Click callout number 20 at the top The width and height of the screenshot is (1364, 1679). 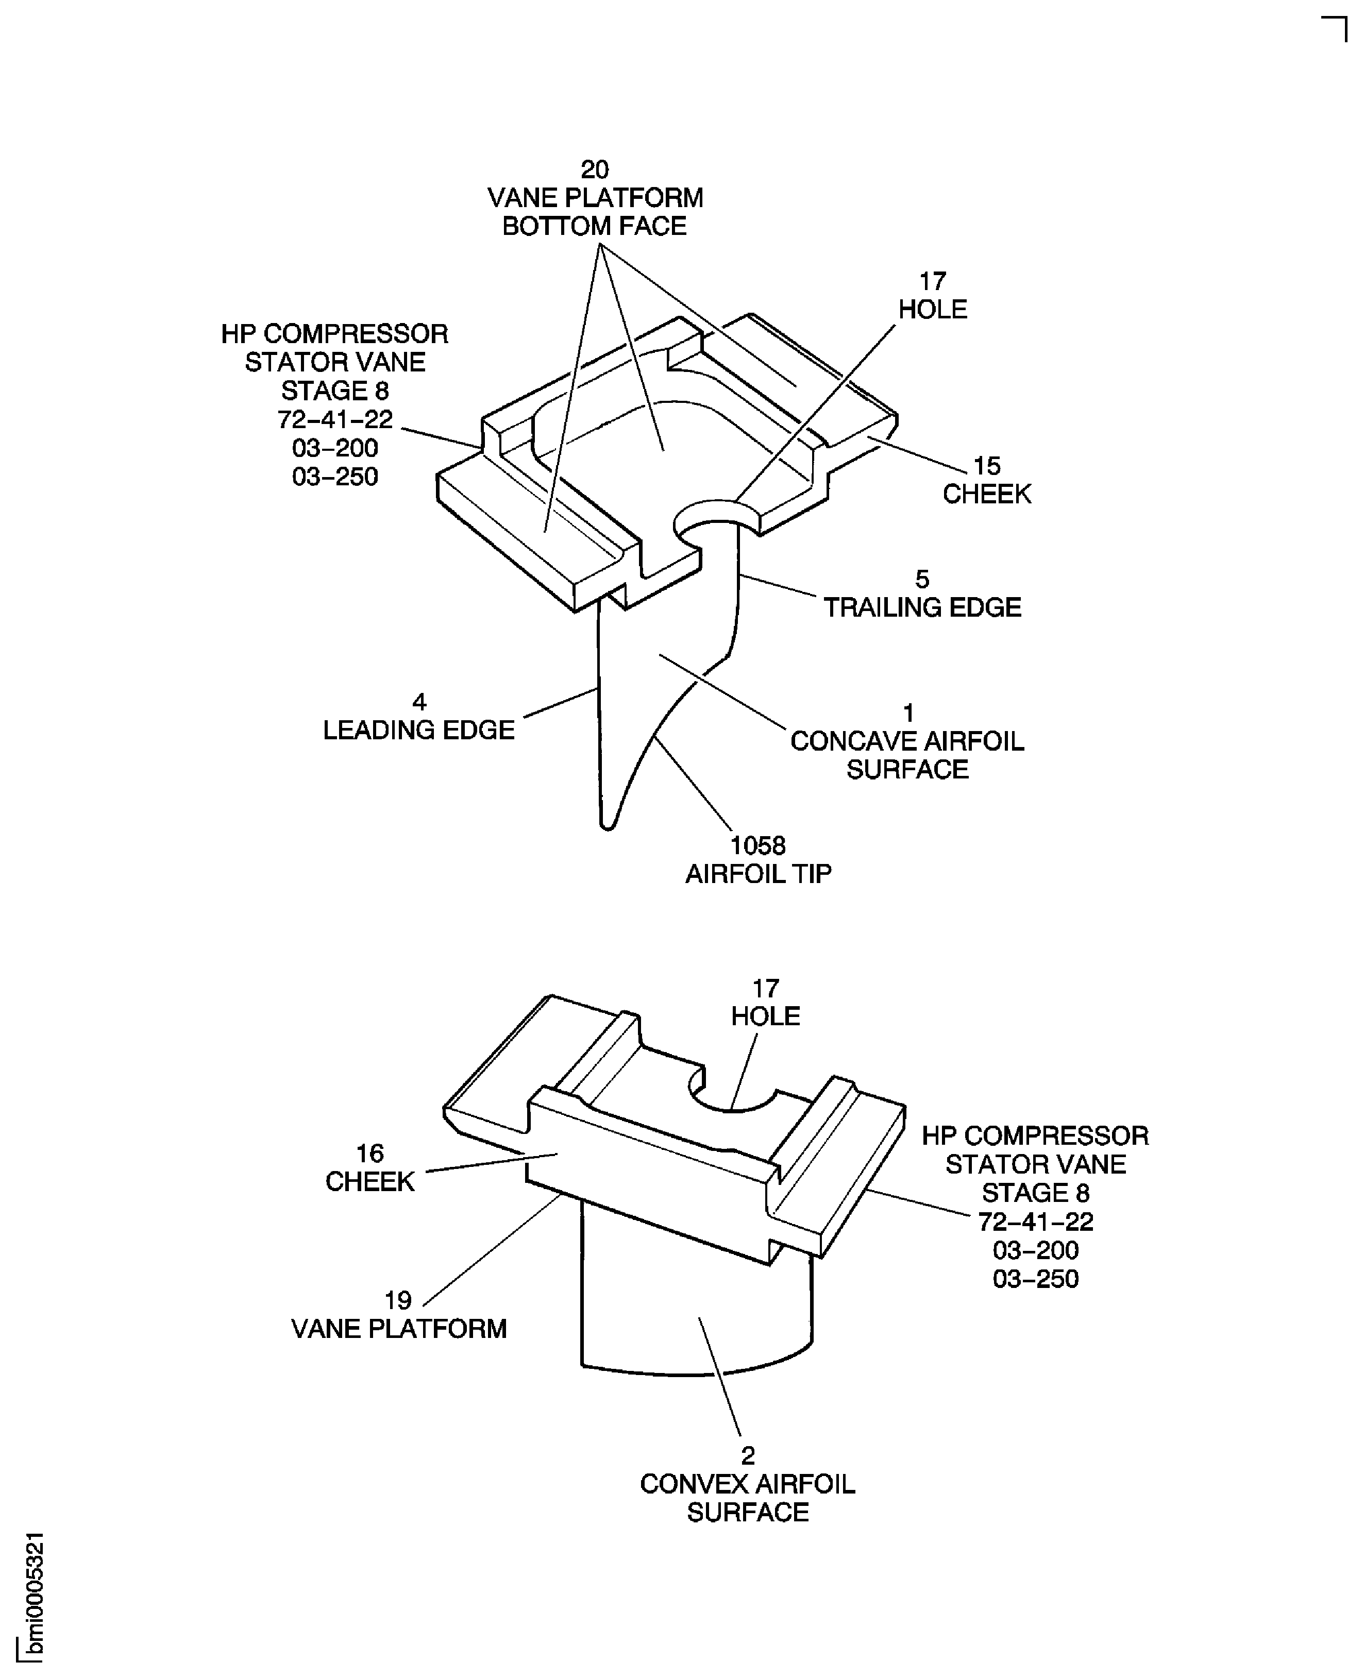595,169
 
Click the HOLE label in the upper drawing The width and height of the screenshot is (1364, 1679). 933,310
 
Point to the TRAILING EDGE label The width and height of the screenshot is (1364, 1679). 922,607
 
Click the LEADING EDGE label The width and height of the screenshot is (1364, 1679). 419,730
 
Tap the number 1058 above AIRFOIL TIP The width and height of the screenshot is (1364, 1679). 758,845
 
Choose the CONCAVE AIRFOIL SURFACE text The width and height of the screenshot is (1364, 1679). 907,755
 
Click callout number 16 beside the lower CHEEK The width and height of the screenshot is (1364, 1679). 370,1154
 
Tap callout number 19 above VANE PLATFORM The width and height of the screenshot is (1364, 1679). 398,1300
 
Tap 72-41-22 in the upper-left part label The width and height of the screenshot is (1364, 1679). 335,419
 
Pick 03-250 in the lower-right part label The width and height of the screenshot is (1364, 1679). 1036,1279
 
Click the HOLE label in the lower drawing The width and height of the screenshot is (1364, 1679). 765,1016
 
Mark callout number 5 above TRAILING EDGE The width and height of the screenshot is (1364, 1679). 922,579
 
